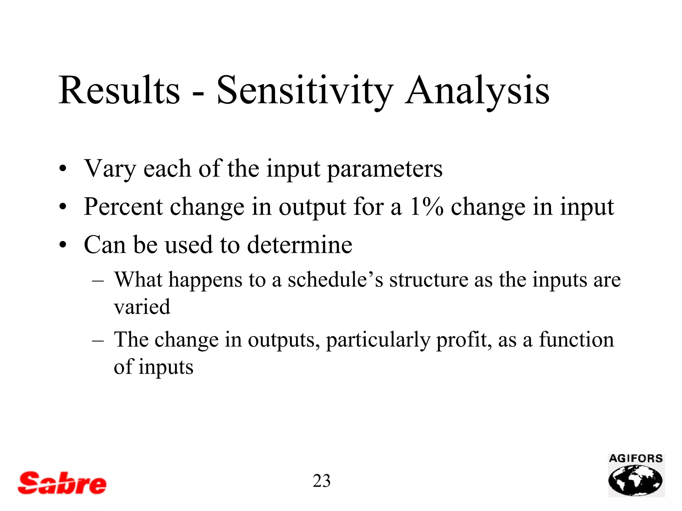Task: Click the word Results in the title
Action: (119, 90)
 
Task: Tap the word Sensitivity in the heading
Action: (304, 90)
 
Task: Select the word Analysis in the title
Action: (477, 90)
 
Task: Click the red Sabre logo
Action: (62, 483)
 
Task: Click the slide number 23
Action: (321, 481)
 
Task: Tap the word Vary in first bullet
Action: (110, 169)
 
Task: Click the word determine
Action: (300, 245)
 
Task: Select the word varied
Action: (142, 307)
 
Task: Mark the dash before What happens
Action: (98, 280)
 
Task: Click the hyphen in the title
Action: (198, 94)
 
